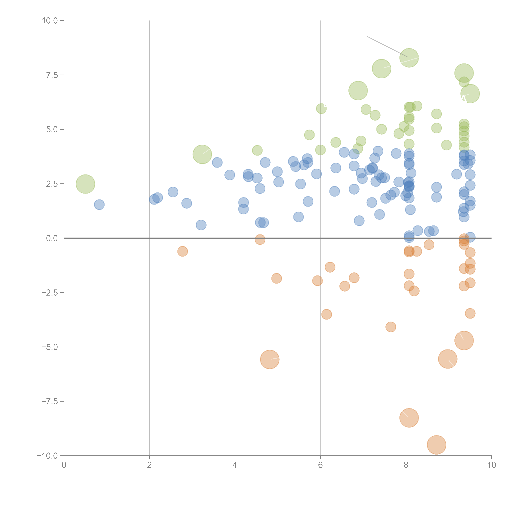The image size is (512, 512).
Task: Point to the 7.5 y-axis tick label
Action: coord(52,75)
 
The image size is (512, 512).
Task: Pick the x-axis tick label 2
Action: coord(150,465)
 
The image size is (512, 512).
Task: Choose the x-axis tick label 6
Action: coord(320,465)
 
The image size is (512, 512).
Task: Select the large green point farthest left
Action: coord(85,184)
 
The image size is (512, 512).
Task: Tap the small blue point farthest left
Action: coord(99,205)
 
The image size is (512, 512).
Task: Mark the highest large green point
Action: coord(409,58)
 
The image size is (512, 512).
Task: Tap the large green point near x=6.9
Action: coord(358,91)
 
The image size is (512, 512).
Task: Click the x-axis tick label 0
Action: coord(64,465)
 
